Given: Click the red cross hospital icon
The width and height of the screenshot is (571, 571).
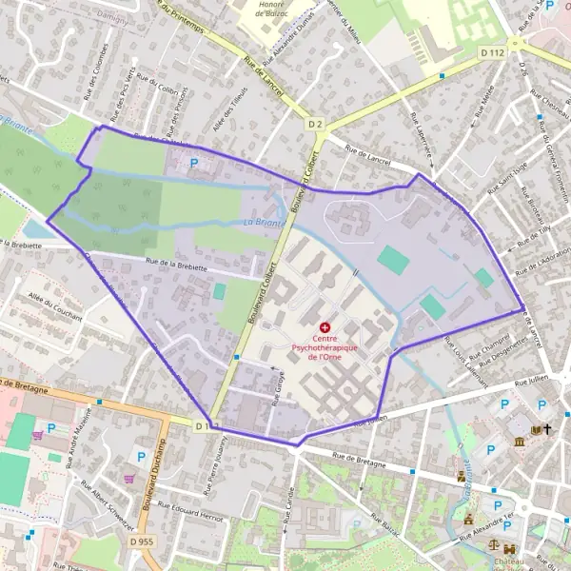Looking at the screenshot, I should point(325,326).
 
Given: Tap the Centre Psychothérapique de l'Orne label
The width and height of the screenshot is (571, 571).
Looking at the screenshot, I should point(325,346).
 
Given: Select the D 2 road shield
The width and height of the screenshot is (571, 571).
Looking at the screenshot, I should point(315,124).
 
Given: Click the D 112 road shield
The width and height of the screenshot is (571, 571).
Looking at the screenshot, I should point(492,52).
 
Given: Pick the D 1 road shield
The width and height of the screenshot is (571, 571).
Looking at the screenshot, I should point(201,425).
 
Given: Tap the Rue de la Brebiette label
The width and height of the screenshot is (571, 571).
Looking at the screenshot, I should point(176,267).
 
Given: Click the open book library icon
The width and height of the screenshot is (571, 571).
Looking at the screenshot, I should point(535,430).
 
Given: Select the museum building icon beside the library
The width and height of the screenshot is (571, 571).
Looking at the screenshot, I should point(519,443).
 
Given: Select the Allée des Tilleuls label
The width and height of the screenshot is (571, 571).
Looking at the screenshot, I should point(231,107).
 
